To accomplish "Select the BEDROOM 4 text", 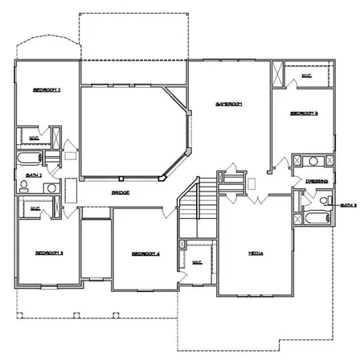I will tap(145, 254).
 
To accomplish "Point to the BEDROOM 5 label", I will tap(305, 113).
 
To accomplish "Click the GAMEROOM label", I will tap(228, 104).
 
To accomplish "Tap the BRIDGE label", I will tap(120, 193).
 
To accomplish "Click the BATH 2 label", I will tap(33, 174).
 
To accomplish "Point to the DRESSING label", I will tap(316, 182).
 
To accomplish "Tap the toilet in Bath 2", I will tap(24, 187).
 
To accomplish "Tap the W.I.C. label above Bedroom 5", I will tap(306, 76).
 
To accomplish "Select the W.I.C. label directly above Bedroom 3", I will tap(35, 208).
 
